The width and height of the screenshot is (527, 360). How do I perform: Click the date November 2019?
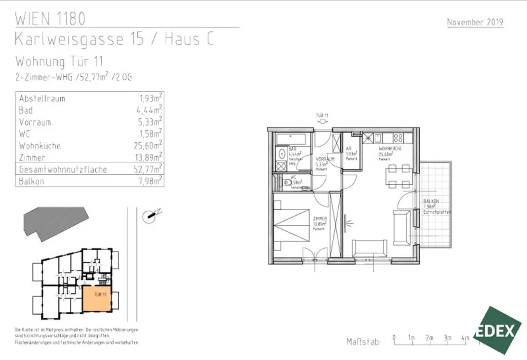click(x=475, y=22)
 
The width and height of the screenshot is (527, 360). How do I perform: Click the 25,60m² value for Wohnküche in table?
click(x=148, y=146)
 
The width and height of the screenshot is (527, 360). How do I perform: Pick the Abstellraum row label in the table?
click(x=42, y=98)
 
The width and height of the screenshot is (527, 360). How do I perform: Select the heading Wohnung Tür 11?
click(x=60, y=61)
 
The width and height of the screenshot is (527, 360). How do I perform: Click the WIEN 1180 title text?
click(x=50, y=20)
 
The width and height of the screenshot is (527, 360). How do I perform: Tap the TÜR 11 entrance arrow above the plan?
click(x=323, y=122)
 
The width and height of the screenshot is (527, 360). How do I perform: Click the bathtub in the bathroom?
click(x=292, y=139)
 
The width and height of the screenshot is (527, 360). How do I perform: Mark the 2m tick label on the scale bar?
click(x=429, y=338)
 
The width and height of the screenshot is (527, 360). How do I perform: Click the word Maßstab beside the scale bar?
click(x=364, y=341)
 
